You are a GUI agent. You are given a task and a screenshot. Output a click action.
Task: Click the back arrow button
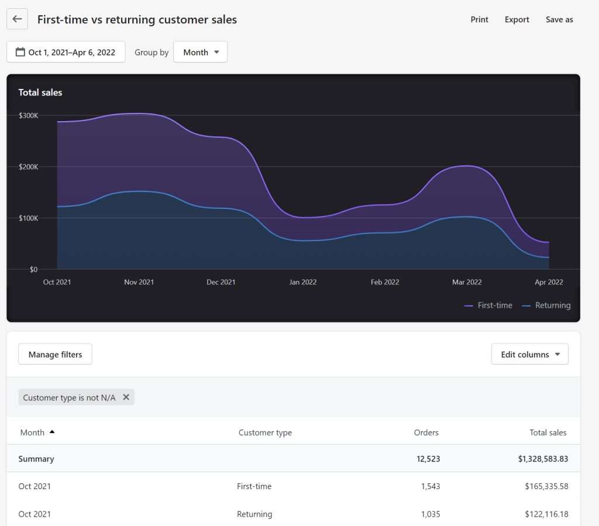tap(17, 19)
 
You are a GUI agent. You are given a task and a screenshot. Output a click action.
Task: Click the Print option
tap(479, 19)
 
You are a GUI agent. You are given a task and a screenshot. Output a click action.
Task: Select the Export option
tap(517, 19)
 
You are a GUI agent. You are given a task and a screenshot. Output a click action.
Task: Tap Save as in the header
tap(559, 19)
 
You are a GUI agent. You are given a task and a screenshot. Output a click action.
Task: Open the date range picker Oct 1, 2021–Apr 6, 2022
tap(66, 52)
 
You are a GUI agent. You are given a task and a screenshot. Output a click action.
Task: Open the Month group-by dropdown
tap(200, 52)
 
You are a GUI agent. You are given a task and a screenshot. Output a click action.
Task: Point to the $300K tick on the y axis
tap(28, 115)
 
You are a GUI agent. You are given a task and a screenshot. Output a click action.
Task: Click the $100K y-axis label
tap(28, 218)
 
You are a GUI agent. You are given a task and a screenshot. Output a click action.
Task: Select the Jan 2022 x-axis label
tap(302, 282)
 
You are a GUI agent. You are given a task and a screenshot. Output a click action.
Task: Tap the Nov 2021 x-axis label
tap(139, 282)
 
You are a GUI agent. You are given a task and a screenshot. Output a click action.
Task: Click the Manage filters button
tap(55, 354)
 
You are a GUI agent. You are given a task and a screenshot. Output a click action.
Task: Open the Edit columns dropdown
tap(529, 354)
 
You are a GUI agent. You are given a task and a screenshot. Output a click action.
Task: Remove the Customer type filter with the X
tap(126, 397)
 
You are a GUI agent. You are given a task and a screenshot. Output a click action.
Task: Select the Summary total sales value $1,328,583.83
tap(542, 459)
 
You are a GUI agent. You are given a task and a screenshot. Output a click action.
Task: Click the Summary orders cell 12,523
tap(428, 459)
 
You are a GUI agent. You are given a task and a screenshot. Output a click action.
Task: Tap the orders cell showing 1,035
tap(430, 514)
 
